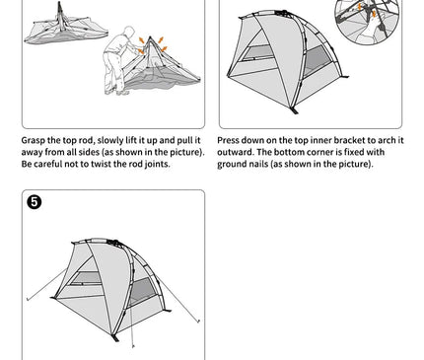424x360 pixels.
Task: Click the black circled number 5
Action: pos(35,202)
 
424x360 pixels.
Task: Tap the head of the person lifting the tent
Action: pos(129,32)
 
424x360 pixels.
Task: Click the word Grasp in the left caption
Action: pos(34,141)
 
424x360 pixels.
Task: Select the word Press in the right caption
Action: pos(228,140)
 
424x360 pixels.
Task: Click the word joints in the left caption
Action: pos(157,164)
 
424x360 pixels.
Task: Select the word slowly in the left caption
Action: pos(110,141)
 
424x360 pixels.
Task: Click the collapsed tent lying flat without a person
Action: pos(66,29)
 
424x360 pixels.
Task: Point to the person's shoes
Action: pos(116,93)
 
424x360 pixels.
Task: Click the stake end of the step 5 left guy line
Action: pos(28,299)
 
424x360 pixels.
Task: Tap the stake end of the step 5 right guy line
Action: pos(198,322)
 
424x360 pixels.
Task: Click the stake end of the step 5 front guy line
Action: pos(133,346)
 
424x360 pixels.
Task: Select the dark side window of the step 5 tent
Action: pos(142,291)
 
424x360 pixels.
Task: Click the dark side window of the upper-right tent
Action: pos(317,60)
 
